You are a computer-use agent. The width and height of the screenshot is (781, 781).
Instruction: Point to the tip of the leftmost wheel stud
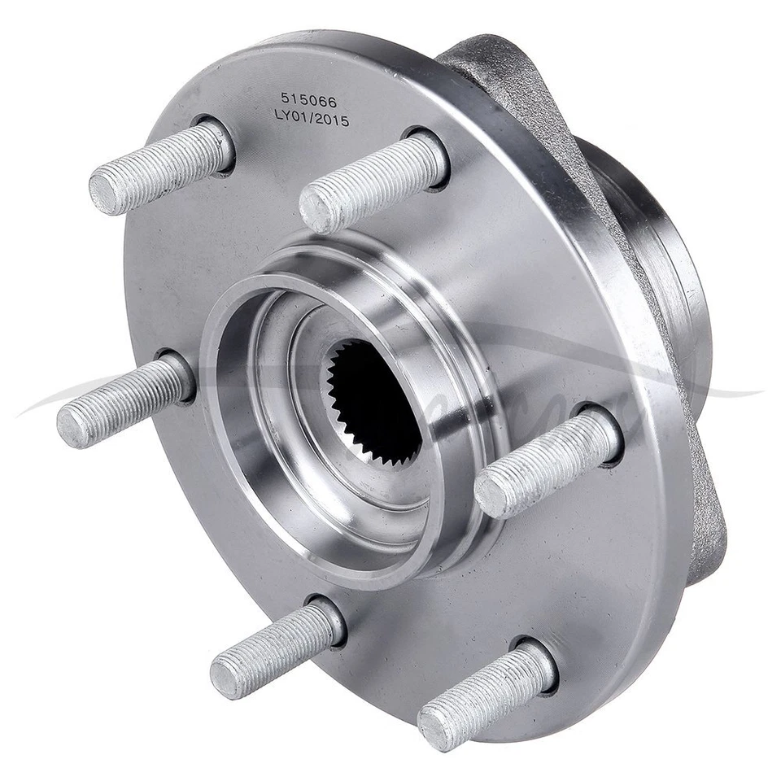coord(72,425)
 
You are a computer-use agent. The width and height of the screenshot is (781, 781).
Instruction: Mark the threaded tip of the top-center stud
coord(317,210)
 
